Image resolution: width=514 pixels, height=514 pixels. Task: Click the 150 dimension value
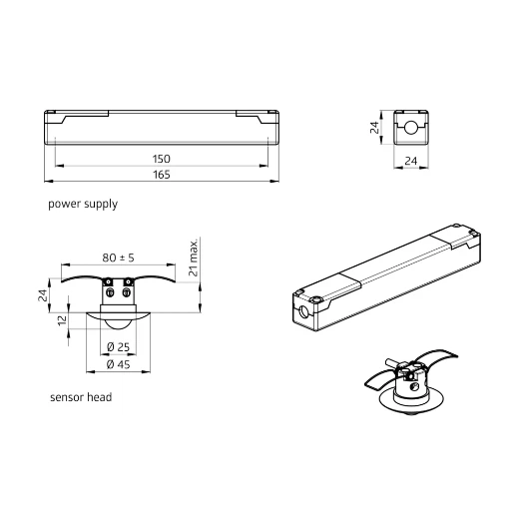click(162, 159)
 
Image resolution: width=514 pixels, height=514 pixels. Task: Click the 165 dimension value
click(162, 175)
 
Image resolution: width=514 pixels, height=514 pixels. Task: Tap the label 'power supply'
click(83, 204)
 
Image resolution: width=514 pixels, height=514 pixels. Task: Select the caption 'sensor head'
click(81, 396)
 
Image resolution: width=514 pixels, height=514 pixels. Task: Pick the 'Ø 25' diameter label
click(119, 346)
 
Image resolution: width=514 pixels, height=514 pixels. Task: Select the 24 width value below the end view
click(411, 160)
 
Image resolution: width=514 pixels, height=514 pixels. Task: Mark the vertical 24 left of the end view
click(375, 128)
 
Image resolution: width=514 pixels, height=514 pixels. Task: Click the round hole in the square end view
click(411, 128)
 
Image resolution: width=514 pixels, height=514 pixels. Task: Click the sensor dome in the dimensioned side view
click(119, 321)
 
